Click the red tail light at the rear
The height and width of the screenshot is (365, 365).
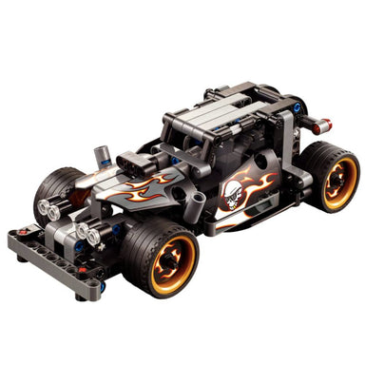click(324, 124)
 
